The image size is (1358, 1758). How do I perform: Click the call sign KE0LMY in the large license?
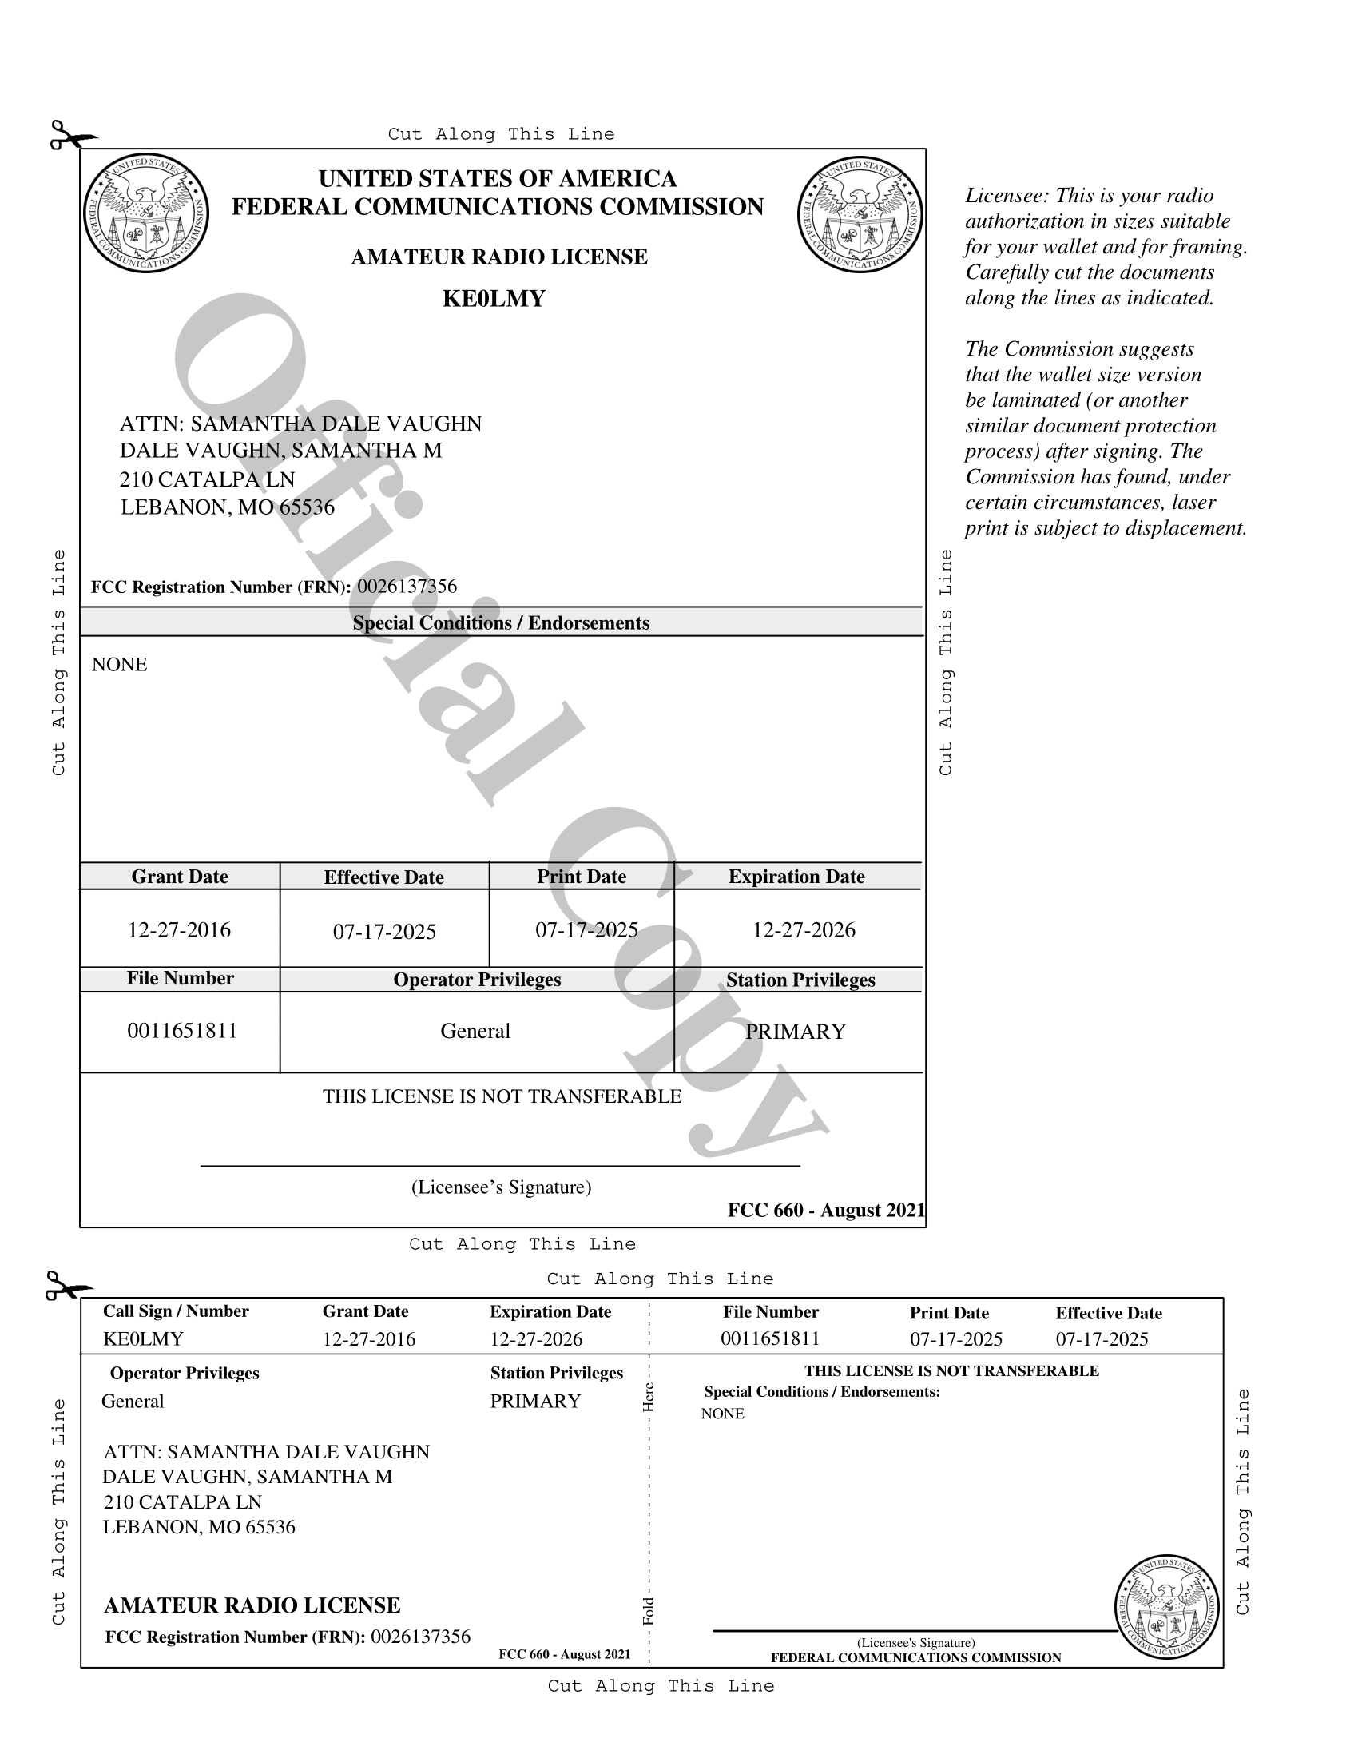(x=493, y=299)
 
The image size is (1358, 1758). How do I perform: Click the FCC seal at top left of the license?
(x=145, y=213)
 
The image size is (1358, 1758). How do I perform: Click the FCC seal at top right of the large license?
(x=860, y=214)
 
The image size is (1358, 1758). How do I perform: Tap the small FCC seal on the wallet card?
(x=1166, y=1607)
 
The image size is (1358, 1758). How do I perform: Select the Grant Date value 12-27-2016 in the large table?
(x=180, y=929)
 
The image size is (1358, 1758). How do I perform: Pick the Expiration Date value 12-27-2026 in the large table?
(x=804, y=929)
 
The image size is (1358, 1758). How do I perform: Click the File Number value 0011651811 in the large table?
(x=183, y=1031)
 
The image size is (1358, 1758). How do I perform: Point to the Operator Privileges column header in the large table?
(x=477, y=980)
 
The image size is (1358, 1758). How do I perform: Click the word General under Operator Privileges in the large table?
(x=475, y=1031)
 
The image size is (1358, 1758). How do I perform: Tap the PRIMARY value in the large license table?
(x=796, y=1032)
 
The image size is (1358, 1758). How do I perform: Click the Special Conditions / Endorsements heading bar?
(x=501, y=623)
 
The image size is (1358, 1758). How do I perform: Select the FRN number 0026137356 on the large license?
(x=407, y=586)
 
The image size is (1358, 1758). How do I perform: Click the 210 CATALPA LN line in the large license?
(x=208, y=479)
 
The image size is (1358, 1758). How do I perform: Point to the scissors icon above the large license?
(x=72, y=136)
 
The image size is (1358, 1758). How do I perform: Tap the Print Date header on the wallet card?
(x=948, y=1313)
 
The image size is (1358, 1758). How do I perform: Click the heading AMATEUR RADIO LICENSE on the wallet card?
(x=252, y=1605)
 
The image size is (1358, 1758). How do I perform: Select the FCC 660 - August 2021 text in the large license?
(x=826, y=1210)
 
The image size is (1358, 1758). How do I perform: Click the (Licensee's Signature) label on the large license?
(x=501, y=1187)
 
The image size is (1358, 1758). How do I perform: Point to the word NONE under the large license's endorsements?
(x=119, y=664)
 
